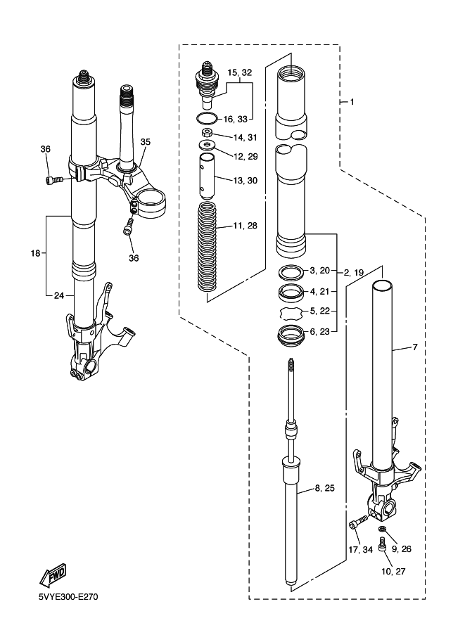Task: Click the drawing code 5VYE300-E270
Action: [x=68, y=596]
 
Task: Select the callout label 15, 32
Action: [x=240, y=72]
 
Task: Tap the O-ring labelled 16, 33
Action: [x=207, y=118]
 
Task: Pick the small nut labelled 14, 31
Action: [x=207, y=133]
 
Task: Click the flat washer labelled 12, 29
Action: [x=207, y=145]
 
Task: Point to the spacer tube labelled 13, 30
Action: [x=207, y=174]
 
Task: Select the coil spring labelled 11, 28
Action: [x=207, y=247]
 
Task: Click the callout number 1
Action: [x=352, y=101]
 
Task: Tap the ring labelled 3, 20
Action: [x=291, y=271]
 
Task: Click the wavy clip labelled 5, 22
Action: [x=291, y=313]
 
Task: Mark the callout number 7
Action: [x=415, y=347]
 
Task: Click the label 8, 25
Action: [x=325, y=487]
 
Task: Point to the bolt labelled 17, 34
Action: [x=359, y=522]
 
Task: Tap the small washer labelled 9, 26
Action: [x=382, y=529]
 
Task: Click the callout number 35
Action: [x=146, y=141]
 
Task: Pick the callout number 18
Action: [x=36, y=253]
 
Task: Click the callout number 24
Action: [x=59, y=295]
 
